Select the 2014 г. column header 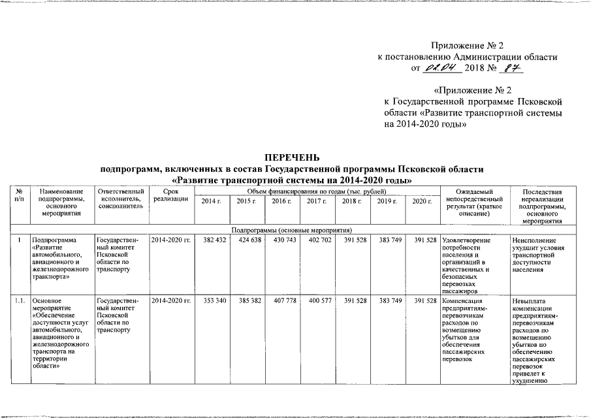211,201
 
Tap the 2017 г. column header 316,201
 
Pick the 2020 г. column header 422,201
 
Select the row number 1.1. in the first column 20,300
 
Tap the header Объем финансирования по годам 316,190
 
